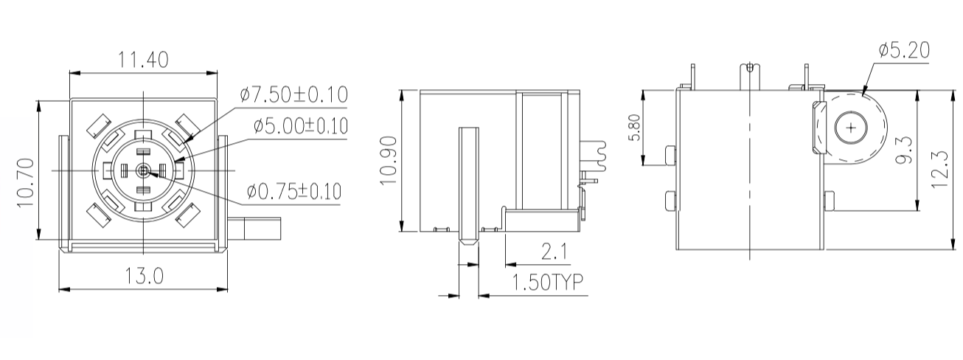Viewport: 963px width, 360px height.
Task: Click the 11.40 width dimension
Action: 144,59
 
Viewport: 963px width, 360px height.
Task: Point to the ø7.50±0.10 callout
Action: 293,95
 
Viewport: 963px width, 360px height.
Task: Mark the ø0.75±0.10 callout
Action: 294,192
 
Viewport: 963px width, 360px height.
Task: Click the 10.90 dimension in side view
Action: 388,161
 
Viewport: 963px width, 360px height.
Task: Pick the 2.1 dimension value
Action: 554,252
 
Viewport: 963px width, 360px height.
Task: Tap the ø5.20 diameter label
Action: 904,50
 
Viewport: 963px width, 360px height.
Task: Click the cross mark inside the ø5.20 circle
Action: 852,128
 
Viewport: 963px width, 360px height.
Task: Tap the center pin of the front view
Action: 143,170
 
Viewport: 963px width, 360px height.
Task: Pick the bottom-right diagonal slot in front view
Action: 188,215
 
